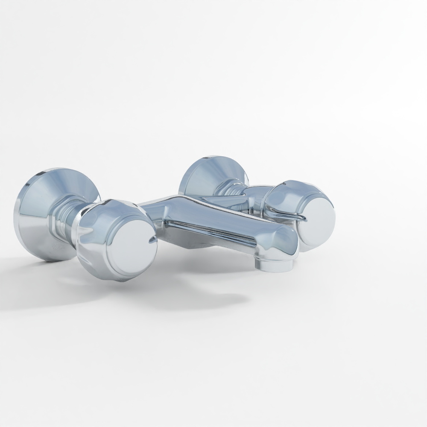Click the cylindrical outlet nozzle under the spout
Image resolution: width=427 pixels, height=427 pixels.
(x=273, y=264)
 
